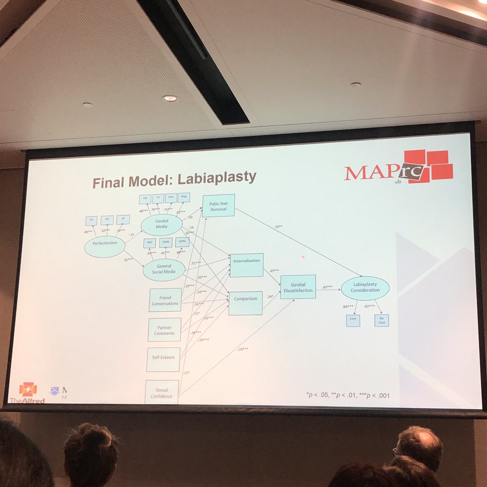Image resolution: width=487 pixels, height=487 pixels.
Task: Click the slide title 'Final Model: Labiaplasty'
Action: pos(174,179)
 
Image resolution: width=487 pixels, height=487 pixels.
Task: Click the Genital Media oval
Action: pos(162,224)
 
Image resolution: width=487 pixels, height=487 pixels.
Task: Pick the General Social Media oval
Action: pos(164,269)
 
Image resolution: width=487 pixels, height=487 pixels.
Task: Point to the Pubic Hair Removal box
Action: pos(218,206)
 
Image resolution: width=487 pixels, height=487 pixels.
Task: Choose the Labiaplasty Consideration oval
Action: pos(365,287)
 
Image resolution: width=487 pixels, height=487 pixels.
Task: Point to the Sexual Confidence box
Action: pos(162,392)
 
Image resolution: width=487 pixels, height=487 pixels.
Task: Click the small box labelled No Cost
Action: pos(381,321)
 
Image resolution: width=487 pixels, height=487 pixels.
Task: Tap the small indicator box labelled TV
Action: pos(158,198)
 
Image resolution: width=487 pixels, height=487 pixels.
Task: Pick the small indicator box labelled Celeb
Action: pos(165,242)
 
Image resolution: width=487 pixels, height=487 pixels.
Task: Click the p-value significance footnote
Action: pos(348,394)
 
